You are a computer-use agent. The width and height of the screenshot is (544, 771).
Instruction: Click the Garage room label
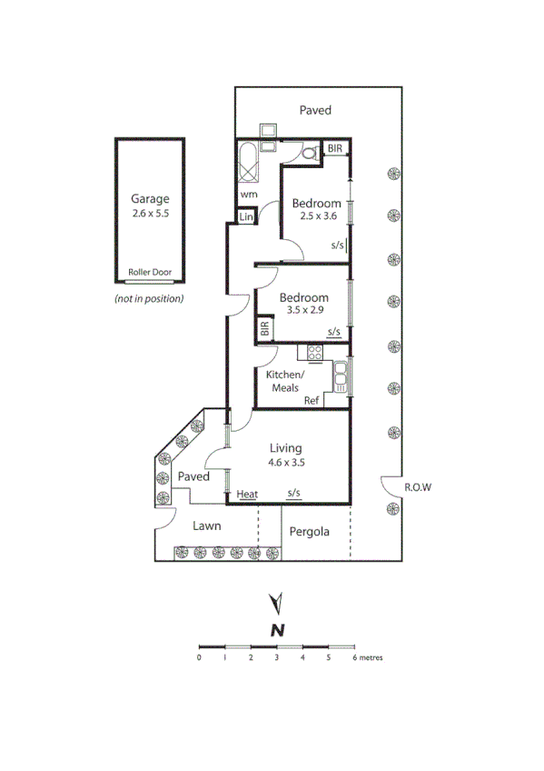[150, 199]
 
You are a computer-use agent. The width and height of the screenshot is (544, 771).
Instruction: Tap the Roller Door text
[150, 271]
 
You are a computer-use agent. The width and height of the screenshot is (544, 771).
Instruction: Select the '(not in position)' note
[149, 298]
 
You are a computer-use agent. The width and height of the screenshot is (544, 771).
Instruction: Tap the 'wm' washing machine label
[249, 194]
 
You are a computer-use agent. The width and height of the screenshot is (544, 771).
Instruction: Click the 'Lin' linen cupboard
[245, 217]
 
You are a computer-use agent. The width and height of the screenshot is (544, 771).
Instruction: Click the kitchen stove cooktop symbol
[315, 354]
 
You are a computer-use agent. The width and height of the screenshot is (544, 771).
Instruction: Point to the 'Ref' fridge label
[312, 400]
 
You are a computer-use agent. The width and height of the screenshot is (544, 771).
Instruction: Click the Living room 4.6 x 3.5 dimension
[286, 462]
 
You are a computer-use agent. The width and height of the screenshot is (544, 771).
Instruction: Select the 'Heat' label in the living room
[247, 495]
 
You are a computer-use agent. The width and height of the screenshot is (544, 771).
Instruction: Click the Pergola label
[309, 532]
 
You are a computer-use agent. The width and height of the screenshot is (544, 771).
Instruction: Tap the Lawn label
[207, 526]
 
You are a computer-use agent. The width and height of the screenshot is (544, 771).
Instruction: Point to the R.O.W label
[418, 487]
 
